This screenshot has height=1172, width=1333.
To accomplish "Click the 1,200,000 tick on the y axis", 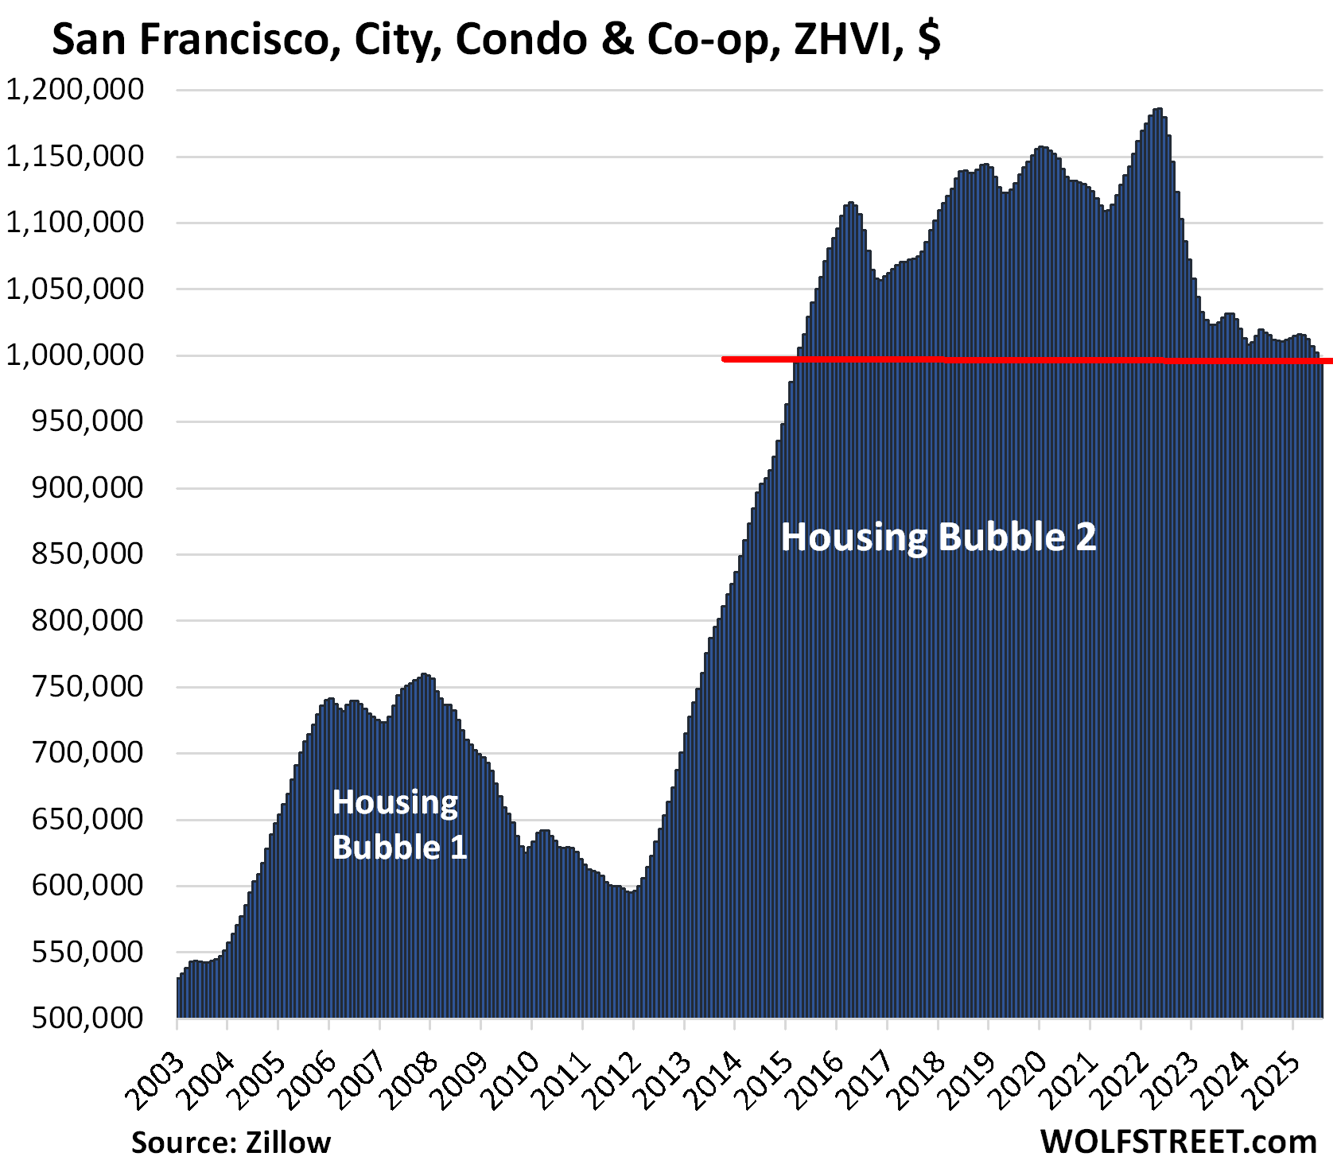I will (x=76, y=90).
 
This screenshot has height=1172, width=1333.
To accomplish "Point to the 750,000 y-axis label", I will (x=87, y=686).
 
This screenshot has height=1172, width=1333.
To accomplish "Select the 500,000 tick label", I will (x=87, y=1018).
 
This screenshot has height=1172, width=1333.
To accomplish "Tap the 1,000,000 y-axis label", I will (x=76, y=355).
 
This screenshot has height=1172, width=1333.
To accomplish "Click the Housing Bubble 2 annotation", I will (x=939, y=537).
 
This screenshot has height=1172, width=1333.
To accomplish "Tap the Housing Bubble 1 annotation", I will (x=399, y=825).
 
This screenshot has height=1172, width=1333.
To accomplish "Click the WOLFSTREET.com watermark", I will (x=1178, y=1142).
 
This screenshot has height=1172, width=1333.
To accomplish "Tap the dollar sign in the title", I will (x=928, y=40).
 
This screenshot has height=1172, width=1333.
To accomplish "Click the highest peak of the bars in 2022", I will (x=1158, y=110).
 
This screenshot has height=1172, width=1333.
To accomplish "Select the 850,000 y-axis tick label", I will (x=87, y=554).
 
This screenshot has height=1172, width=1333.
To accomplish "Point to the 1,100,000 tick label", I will (x=76, y=223).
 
